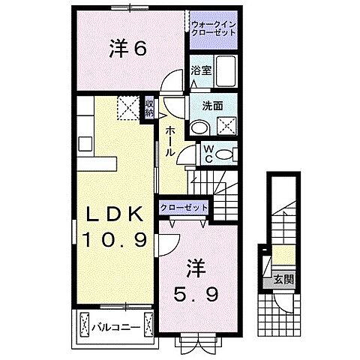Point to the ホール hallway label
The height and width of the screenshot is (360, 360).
[171, 139]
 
